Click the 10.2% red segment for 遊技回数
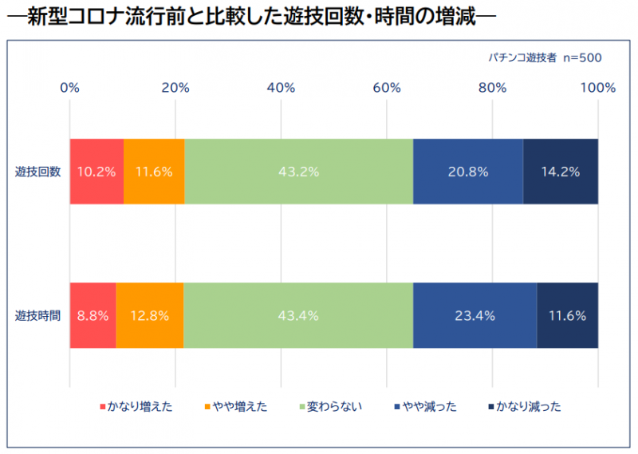(96, 172)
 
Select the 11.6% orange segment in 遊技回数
(154, 172)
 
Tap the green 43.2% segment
(298, 172)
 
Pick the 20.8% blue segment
(468, 172)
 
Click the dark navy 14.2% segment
(561, 172)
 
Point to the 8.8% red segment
(93, 315)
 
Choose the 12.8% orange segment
(150, 315)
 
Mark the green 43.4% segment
(298, 315)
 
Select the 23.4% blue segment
(475, 315)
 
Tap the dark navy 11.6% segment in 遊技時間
(567, 315)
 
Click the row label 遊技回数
(37, 172)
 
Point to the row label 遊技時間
(37, 315)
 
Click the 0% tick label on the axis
(70, 88)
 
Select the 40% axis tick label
(282, 88)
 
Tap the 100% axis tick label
(598, 88)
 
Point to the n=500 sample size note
(582, 57)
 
